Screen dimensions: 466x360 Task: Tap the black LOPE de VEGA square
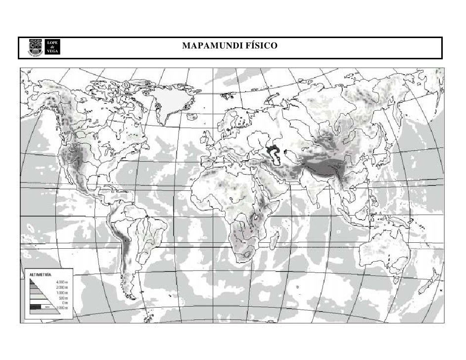[53, 47]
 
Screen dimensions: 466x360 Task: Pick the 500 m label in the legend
[63, 298]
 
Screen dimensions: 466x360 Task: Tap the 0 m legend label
[64, 303]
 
